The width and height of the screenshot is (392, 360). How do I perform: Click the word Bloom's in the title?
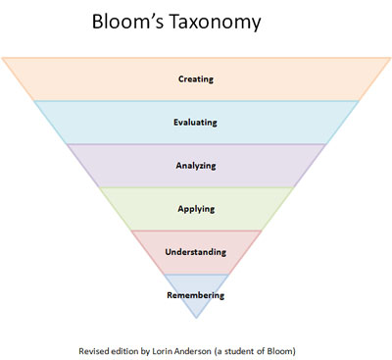134,21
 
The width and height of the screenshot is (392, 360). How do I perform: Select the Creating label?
197,78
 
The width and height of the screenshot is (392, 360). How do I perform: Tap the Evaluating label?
197,122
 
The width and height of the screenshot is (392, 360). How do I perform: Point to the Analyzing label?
197,166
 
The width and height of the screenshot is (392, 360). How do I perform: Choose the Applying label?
197,209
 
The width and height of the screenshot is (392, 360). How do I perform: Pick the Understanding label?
197,252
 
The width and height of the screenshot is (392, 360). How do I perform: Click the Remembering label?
197,294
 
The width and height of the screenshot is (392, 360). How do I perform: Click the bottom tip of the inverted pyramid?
197,319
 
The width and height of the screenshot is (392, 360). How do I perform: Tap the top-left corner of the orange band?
3,58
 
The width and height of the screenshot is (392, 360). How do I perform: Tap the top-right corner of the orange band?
390,58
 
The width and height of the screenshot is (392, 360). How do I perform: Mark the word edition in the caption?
130,349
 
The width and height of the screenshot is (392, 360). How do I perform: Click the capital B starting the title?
97,21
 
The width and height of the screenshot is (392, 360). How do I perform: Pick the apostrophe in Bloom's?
162,14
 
